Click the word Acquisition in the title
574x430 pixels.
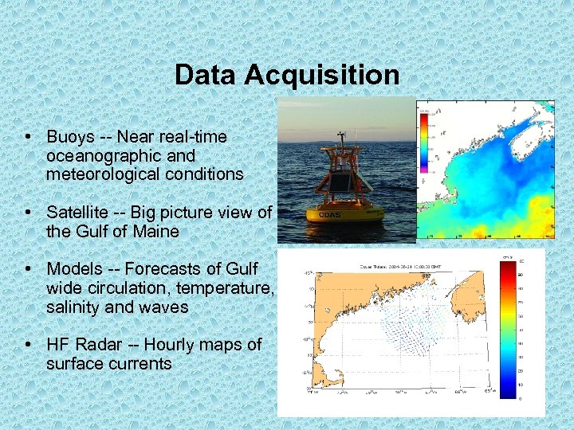[322, 75]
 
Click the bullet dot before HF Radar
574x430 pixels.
[28, 345]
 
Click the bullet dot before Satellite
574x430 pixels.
[28, 213]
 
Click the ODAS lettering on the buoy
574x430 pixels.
[329, 215]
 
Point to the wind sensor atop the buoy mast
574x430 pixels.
[341, 137]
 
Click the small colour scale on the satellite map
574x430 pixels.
[423, 140]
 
